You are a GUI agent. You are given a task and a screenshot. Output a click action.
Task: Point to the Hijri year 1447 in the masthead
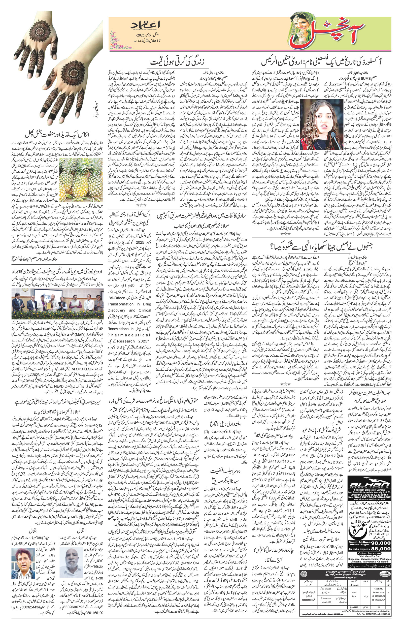[x=139, y=41]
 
